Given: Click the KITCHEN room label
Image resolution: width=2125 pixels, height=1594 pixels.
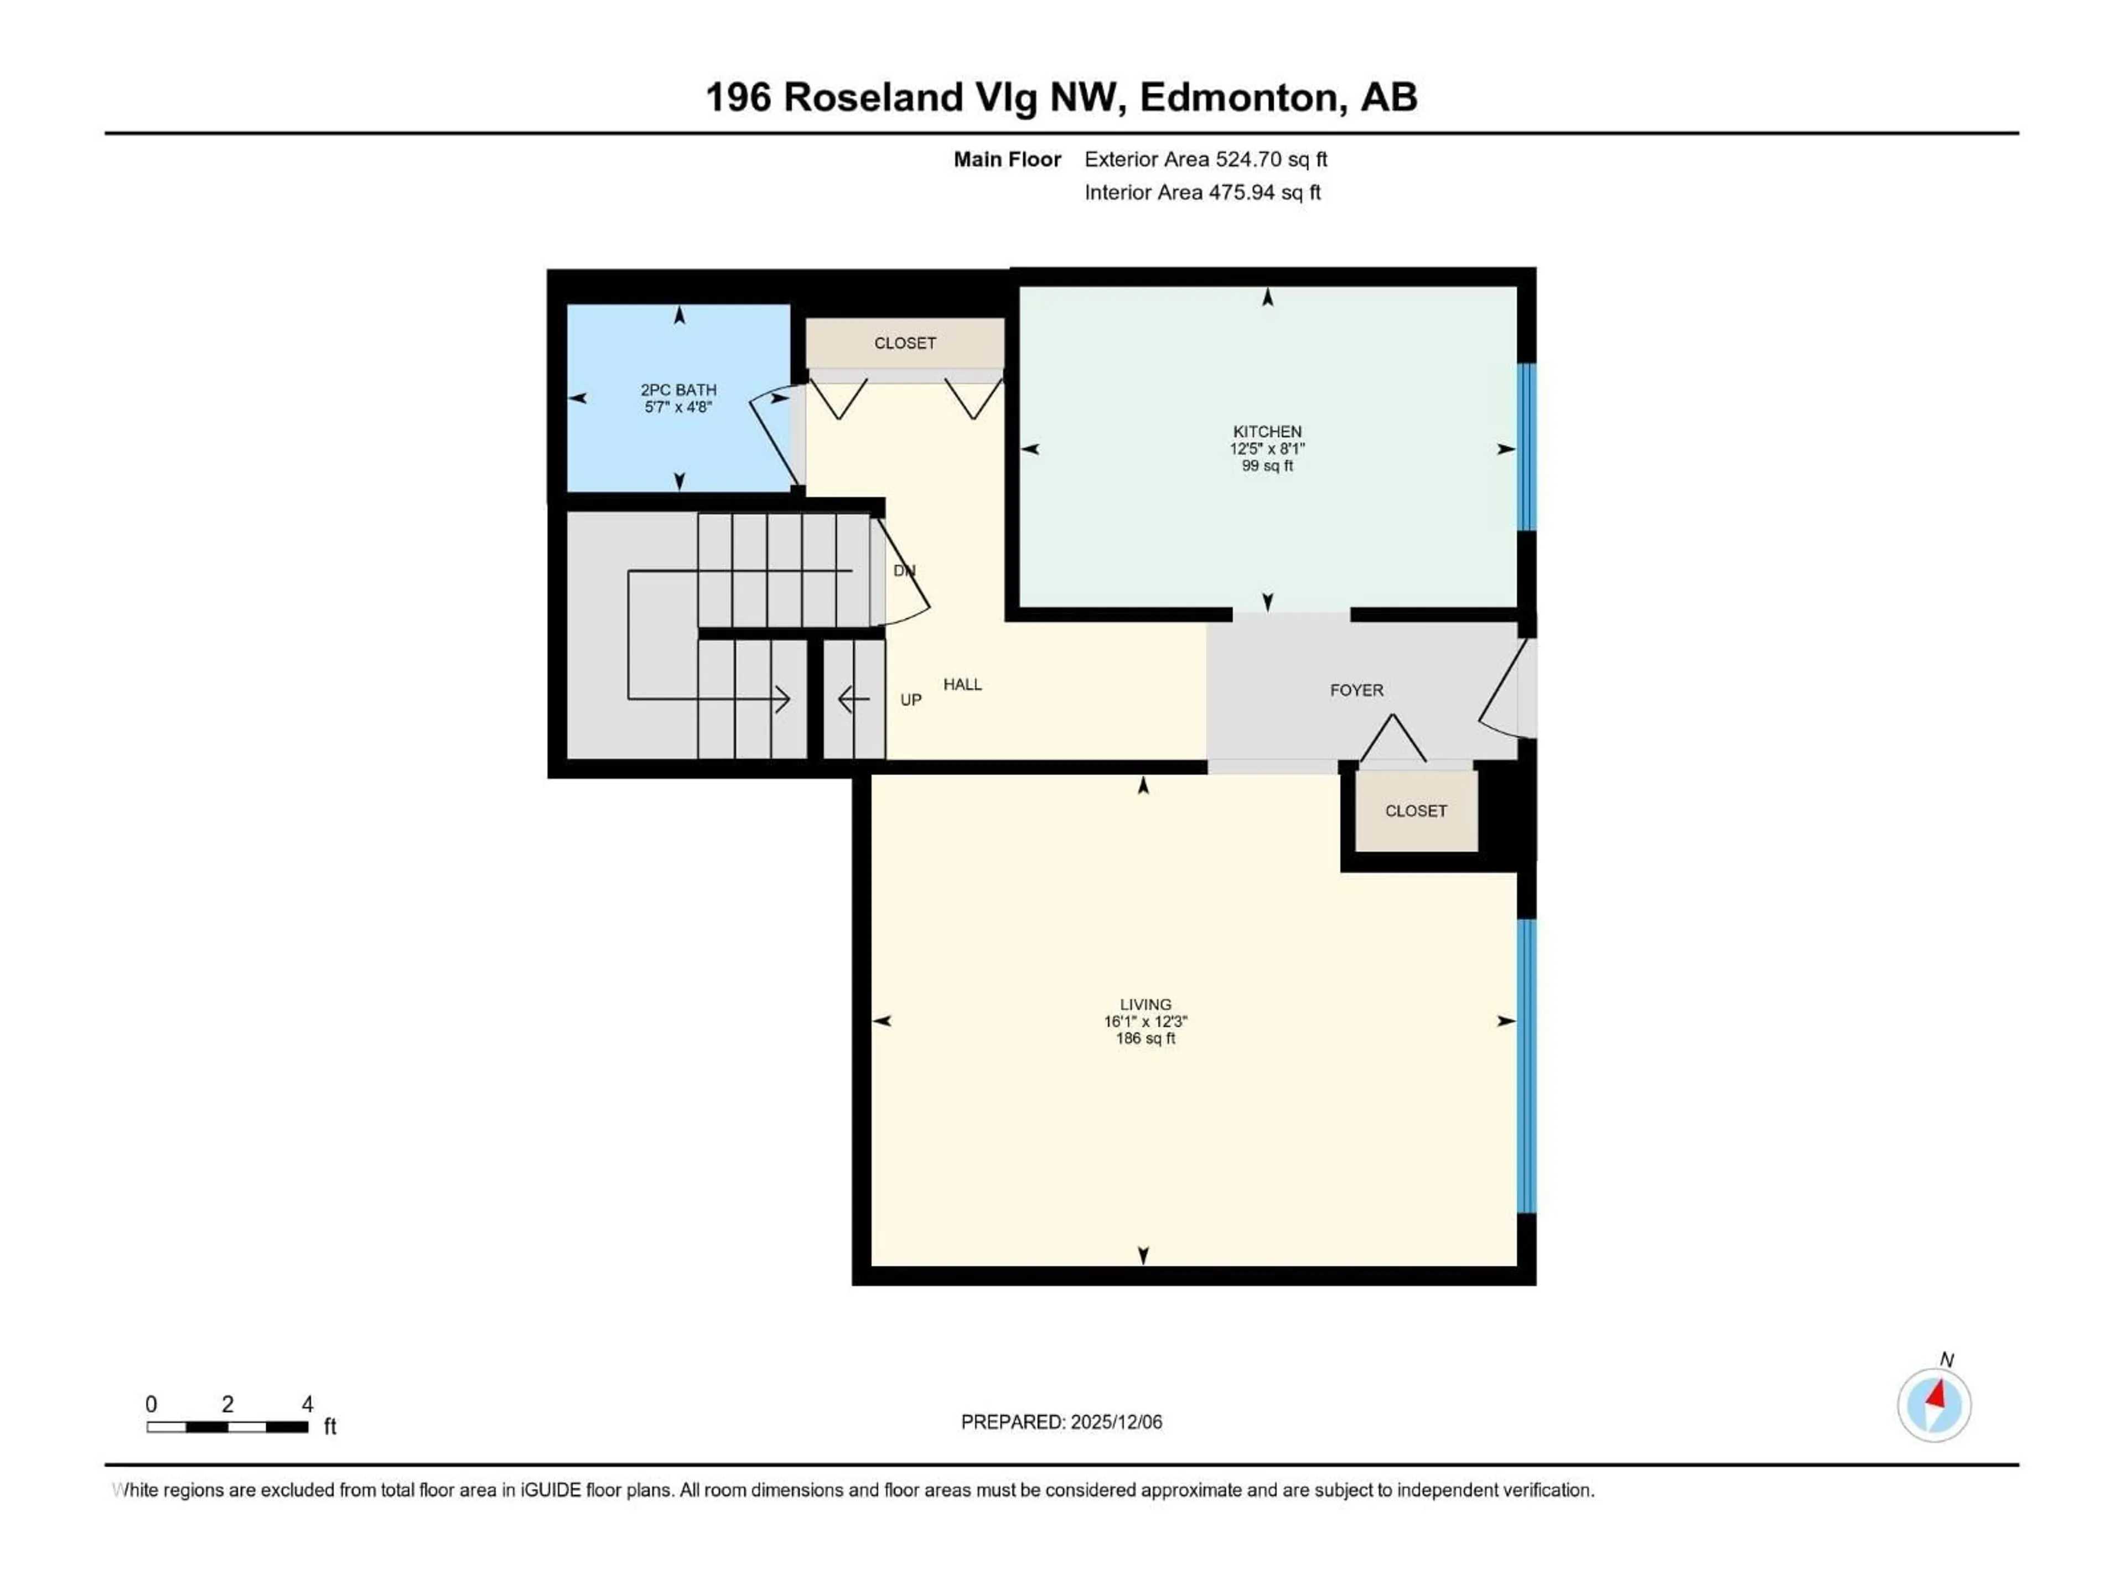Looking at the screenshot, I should coord(1267,431).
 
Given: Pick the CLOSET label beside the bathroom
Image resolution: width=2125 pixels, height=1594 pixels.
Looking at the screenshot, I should coord(904,343).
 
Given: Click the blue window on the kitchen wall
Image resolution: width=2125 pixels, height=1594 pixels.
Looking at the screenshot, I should coord(1526,447).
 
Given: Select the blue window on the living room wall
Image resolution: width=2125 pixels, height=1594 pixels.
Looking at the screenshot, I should coord(1526,1067).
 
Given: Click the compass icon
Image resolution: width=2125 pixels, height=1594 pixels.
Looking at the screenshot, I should coord(1934,1405).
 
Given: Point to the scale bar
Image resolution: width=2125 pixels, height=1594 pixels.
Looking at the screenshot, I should coord(227,1427).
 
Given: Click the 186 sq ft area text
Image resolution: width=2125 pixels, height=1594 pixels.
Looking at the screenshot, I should coord(1145,1039).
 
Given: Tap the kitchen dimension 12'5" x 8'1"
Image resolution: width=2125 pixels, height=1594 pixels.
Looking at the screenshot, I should coord(1267,449).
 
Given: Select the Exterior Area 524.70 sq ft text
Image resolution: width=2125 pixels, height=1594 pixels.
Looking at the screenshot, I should coord(1206,159).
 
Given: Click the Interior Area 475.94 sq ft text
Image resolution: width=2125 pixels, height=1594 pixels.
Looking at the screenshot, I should coord(1202,192).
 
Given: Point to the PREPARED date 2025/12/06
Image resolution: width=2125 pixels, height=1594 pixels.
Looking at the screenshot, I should coord(1061,1422).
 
